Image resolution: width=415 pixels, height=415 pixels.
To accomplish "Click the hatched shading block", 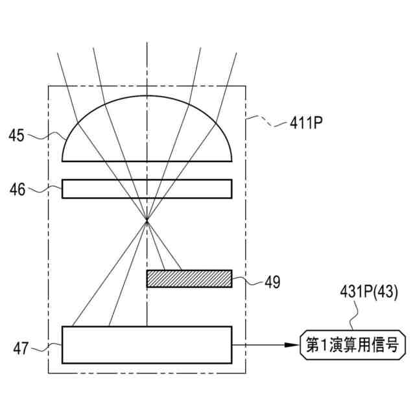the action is [189, 278].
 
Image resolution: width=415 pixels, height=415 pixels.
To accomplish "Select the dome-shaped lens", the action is [147, 133].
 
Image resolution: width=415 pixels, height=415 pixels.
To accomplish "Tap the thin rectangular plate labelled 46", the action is [147, 188].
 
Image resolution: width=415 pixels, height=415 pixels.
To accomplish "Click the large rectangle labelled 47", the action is [147, 345].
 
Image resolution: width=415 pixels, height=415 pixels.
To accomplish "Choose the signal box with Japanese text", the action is [348, 345].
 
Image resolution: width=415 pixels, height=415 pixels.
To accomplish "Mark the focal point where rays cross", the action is [147, 221].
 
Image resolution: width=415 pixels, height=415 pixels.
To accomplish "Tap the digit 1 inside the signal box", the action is [326, 345].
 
